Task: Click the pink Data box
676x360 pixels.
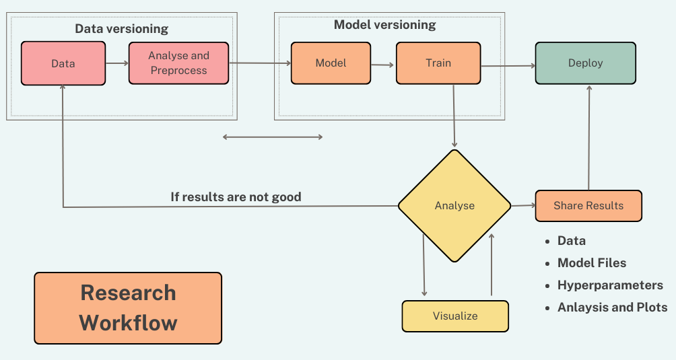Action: (63, 63)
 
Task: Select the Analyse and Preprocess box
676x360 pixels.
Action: (179, 63)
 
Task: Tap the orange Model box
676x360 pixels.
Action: (331, 63)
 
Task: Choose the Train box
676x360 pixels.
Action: (438, 63)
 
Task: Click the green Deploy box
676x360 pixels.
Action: (586, 63)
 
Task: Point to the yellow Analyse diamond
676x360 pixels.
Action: (454, 206)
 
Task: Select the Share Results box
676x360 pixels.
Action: (588, 206)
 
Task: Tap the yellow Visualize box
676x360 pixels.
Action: (455, 316)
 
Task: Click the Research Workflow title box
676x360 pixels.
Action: (128, 308)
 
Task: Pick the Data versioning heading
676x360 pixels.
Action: (122, 29)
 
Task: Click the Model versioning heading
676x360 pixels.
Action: (385, 25)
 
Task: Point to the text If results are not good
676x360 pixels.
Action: (236, 197)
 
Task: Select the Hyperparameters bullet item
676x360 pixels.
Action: (610, 285)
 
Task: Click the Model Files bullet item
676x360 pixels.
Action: (591, 262)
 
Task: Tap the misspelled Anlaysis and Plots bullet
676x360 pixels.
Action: (612, 308)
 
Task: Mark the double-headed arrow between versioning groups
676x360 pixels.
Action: (273, 137)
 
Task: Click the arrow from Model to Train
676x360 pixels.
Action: (382, 65)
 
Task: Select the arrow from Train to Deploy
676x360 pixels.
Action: (508, 66)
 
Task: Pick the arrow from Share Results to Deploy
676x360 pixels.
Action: (589, 138)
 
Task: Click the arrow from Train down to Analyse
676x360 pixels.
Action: (454, 116)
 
